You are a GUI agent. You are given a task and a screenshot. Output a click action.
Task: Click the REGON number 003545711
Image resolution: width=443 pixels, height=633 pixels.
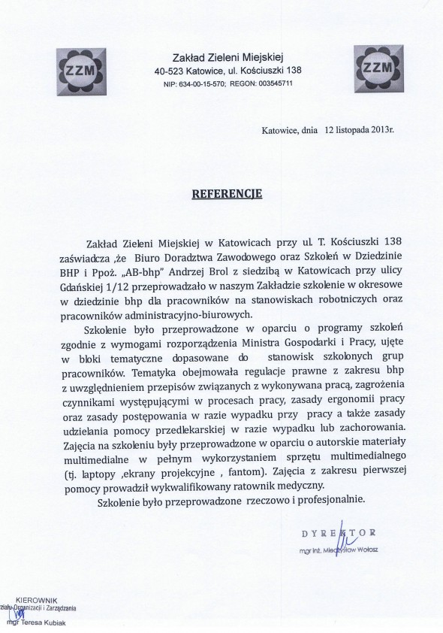pos(276,84)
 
